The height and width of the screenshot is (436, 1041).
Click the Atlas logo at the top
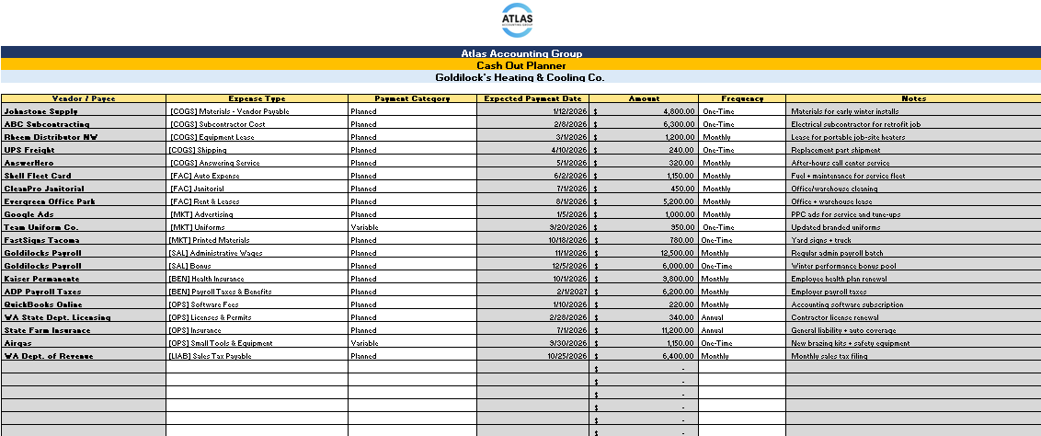pyautogui.click(x=520, y=20)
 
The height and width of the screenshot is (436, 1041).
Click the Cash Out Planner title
pyautogui.click(x=520, y=65)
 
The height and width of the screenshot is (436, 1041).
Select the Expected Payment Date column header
pyautogui.click(x=532, y=98)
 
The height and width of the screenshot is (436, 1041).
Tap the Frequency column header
pyautogui.click(x=741, y=98)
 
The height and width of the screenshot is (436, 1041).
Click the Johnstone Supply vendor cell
pyautogui.click(x=41, y=111)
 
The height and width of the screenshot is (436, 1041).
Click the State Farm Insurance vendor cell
pyautogui.click(x=47, y=330)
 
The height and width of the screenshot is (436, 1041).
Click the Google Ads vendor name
pyautogui.click(x=29, y=214)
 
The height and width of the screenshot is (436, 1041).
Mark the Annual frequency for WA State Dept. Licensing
pyautogui.click(x=714, y=317)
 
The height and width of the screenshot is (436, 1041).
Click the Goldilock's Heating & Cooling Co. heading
pyautogui.click(x=520, y=78)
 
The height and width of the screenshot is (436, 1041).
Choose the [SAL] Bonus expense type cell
pyautogui.click(x=194, y=266)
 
